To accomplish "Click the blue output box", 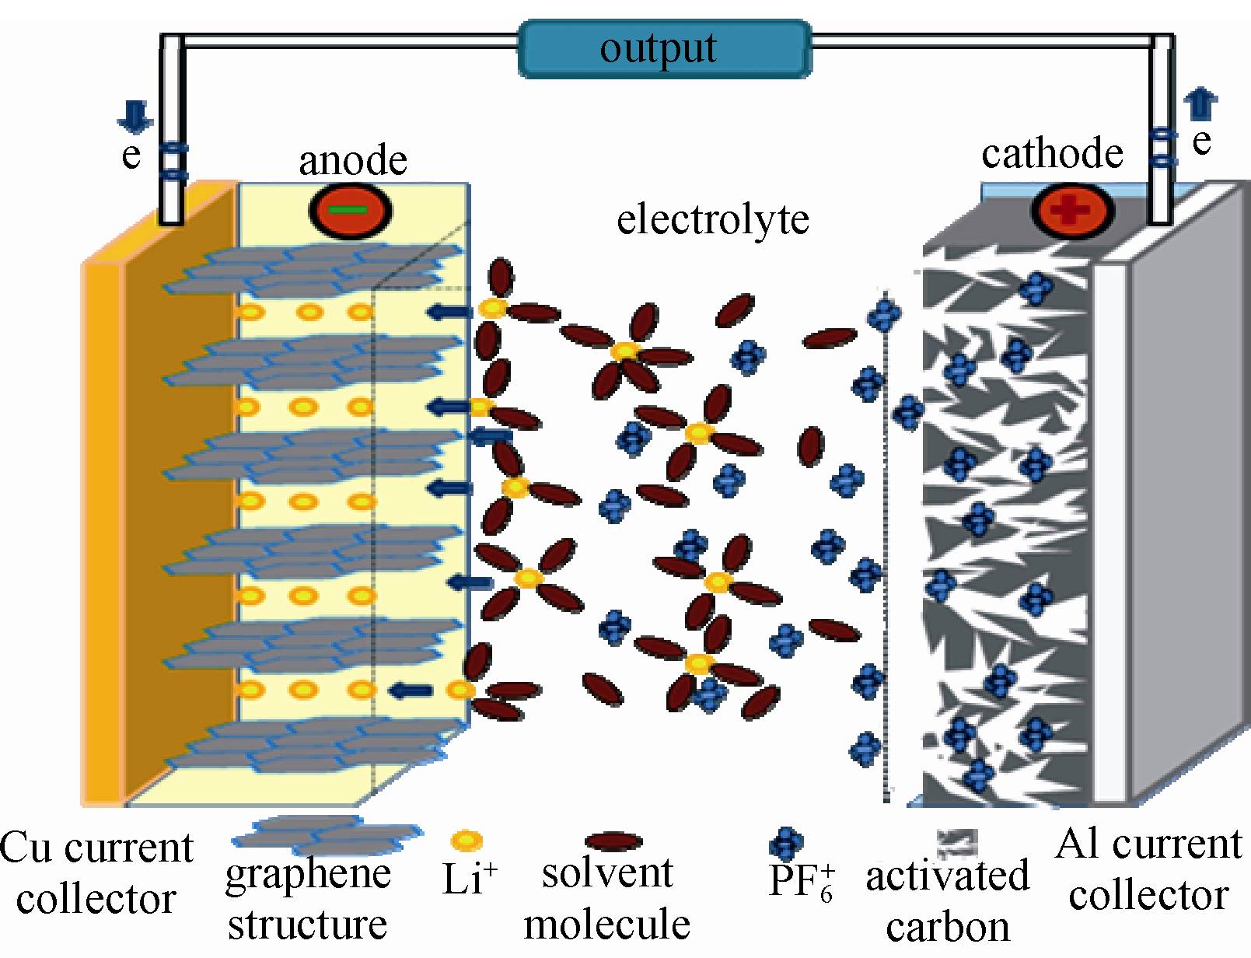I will click(x=665, y=49).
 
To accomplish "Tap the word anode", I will click(x=353, y=161).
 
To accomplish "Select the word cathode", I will click(x=1052, y=153).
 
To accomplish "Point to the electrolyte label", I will click(x=712, y=219).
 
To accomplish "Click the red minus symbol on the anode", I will click(x=350, y=211).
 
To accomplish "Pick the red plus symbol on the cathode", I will click(x=1072, y=210).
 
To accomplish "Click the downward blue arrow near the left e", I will click(x=135, y=117).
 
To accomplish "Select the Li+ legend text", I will click(x=469, y=879).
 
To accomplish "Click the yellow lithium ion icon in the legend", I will click(x=467, y=841).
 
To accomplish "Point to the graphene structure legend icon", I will click(x=327, y=834).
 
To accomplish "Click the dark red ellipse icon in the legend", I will click(x=613, y=841).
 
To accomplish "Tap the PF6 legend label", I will click(x=801, y=882).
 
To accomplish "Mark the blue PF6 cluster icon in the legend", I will click(x=786, y=843).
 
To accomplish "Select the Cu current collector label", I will click(x=96, y=872).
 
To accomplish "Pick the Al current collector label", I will click(x=1148, y=869).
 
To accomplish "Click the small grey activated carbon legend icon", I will click(x=957, y=843).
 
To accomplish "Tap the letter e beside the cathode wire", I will click(x=1201, y=142).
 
